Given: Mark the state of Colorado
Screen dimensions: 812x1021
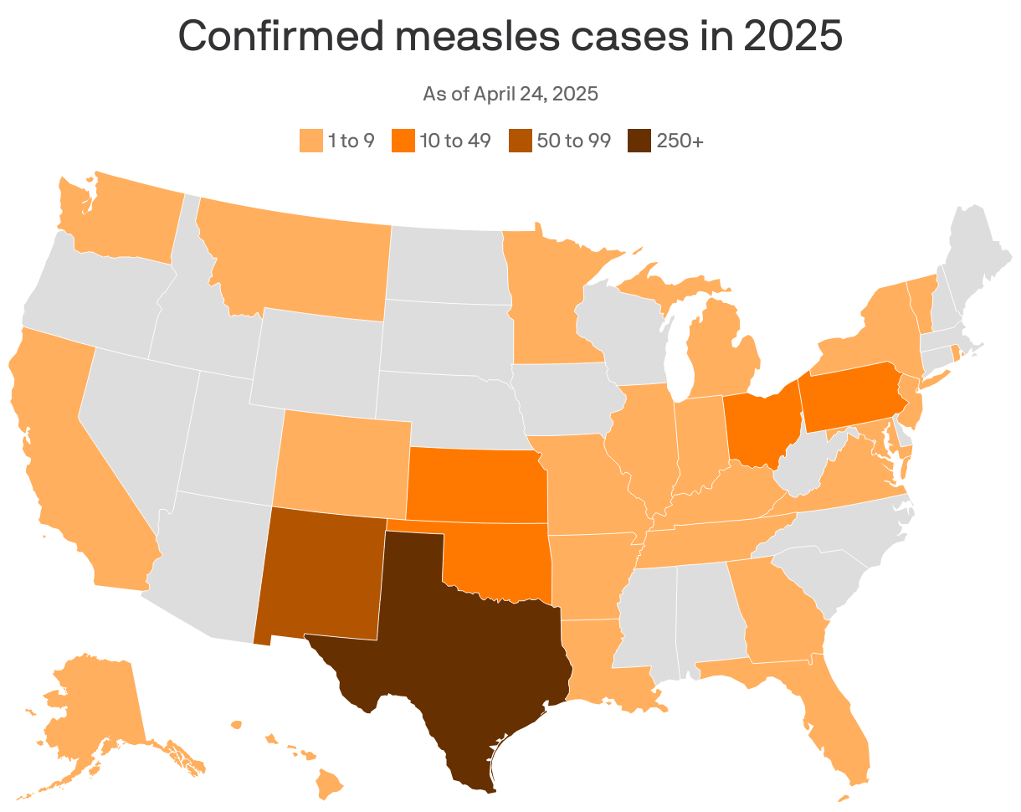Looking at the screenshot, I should (x=343, y=460).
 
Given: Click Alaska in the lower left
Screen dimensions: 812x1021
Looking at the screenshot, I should (x=92, y=703).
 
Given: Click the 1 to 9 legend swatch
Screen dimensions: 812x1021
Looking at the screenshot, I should (x=310, y=141).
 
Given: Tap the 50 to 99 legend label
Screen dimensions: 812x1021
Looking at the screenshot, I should (x=573, y=141).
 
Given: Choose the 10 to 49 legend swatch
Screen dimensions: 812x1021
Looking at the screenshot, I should (x=403, y=141).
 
